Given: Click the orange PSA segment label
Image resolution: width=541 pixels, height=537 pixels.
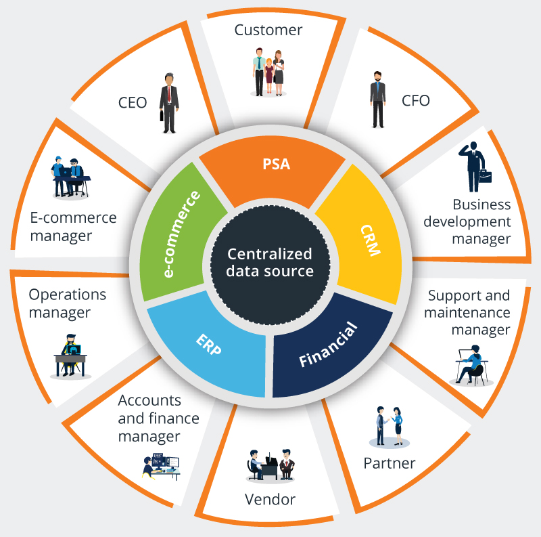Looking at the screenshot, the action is tap(277, 164).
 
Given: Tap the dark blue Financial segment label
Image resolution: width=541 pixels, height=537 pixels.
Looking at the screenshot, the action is tap(328, 344).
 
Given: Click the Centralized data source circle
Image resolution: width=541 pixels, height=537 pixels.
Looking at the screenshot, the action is tap(270, 265).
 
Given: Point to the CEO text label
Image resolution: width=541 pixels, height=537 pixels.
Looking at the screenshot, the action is tap(133, 103).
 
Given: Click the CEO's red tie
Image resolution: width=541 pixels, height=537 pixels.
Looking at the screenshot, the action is tap(169, 94).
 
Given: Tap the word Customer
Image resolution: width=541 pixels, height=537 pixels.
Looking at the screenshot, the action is tap(268, 30).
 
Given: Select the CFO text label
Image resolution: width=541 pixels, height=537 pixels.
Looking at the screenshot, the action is tap(416, 100).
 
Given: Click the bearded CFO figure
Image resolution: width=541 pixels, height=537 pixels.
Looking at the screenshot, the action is tap(378, 100).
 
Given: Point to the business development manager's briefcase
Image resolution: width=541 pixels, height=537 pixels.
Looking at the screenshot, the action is tap(485, 176).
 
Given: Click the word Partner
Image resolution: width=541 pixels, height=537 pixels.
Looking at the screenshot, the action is tap(390, 463).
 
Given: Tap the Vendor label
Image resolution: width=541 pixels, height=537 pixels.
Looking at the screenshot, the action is tap(270, 500).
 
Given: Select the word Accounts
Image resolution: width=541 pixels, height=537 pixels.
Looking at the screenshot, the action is tap(149, 400).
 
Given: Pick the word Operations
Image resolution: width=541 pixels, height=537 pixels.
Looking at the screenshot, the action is tap(67, 295).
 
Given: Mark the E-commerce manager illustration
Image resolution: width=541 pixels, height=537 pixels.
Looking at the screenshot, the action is tap(71, 177).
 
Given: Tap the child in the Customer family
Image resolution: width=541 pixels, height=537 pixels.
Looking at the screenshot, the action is tap(269, 75).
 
